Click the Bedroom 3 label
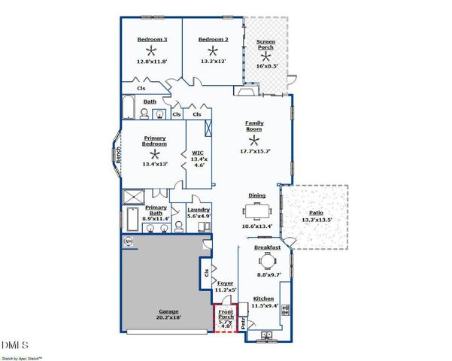coord(152,39)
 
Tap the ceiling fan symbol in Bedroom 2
coord(214,50)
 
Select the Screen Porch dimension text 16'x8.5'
coord(266,65)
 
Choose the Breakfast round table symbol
coord(267,262)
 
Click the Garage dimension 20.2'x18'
coord(169,318)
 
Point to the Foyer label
coord(226,283)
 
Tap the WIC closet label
coord(199,153)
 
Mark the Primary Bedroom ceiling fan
coord(155,153)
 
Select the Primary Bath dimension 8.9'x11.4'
coord(156,218)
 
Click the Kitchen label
coord(263,299)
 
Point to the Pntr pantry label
coord(244,324)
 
